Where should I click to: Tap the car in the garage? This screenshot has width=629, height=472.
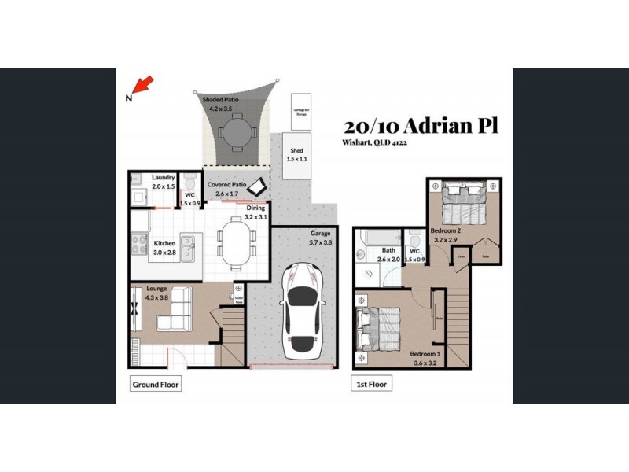coord(301,308)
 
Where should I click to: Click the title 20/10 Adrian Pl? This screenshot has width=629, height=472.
coord(421,126)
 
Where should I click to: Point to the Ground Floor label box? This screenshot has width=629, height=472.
coord(155,385)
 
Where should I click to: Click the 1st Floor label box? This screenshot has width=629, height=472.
coord(372,385)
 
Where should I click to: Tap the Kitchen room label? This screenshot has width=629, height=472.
coord(164,244)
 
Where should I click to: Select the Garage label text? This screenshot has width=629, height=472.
coord(320,234)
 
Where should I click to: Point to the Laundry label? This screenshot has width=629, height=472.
coord(163,178)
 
